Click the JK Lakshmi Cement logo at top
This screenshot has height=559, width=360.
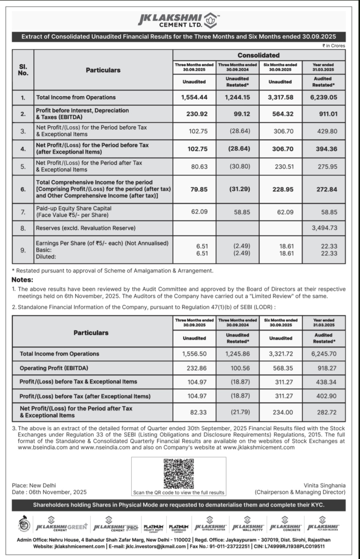179,20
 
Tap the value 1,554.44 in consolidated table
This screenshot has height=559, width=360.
194,97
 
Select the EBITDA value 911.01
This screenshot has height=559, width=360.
328,114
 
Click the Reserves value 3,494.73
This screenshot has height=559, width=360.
325,228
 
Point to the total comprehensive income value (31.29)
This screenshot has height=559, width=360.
239,189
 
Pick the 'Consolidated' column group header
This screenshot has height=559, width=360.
258,55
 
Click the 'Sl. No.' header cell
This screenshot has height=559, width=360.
23,70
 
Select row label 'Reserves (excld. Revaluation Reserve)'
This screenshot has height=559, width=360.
86,228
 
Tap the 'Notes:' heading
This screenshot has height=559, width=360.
22,280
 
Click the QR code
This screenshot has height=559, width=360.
179,474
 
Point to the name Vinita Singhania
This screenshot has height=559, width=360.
324,485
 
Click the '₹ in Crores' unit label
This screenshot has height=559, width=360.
334,46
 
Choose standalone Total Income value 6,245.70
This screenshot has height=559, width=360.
324,354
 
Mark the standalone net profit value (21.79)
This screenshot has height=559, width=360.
240,412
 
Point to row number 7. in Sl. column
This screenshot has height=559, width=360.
23,212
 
